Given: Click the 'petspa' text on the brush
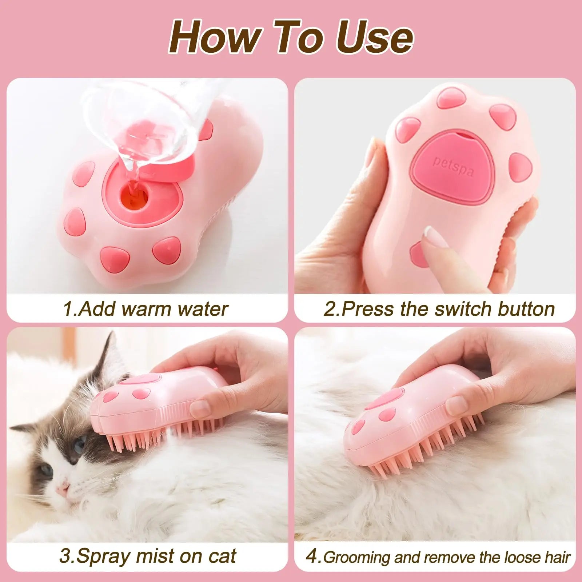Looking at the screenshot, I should [453, 166].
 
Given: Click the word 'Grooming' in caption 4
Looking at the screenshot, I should [356, 558].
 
